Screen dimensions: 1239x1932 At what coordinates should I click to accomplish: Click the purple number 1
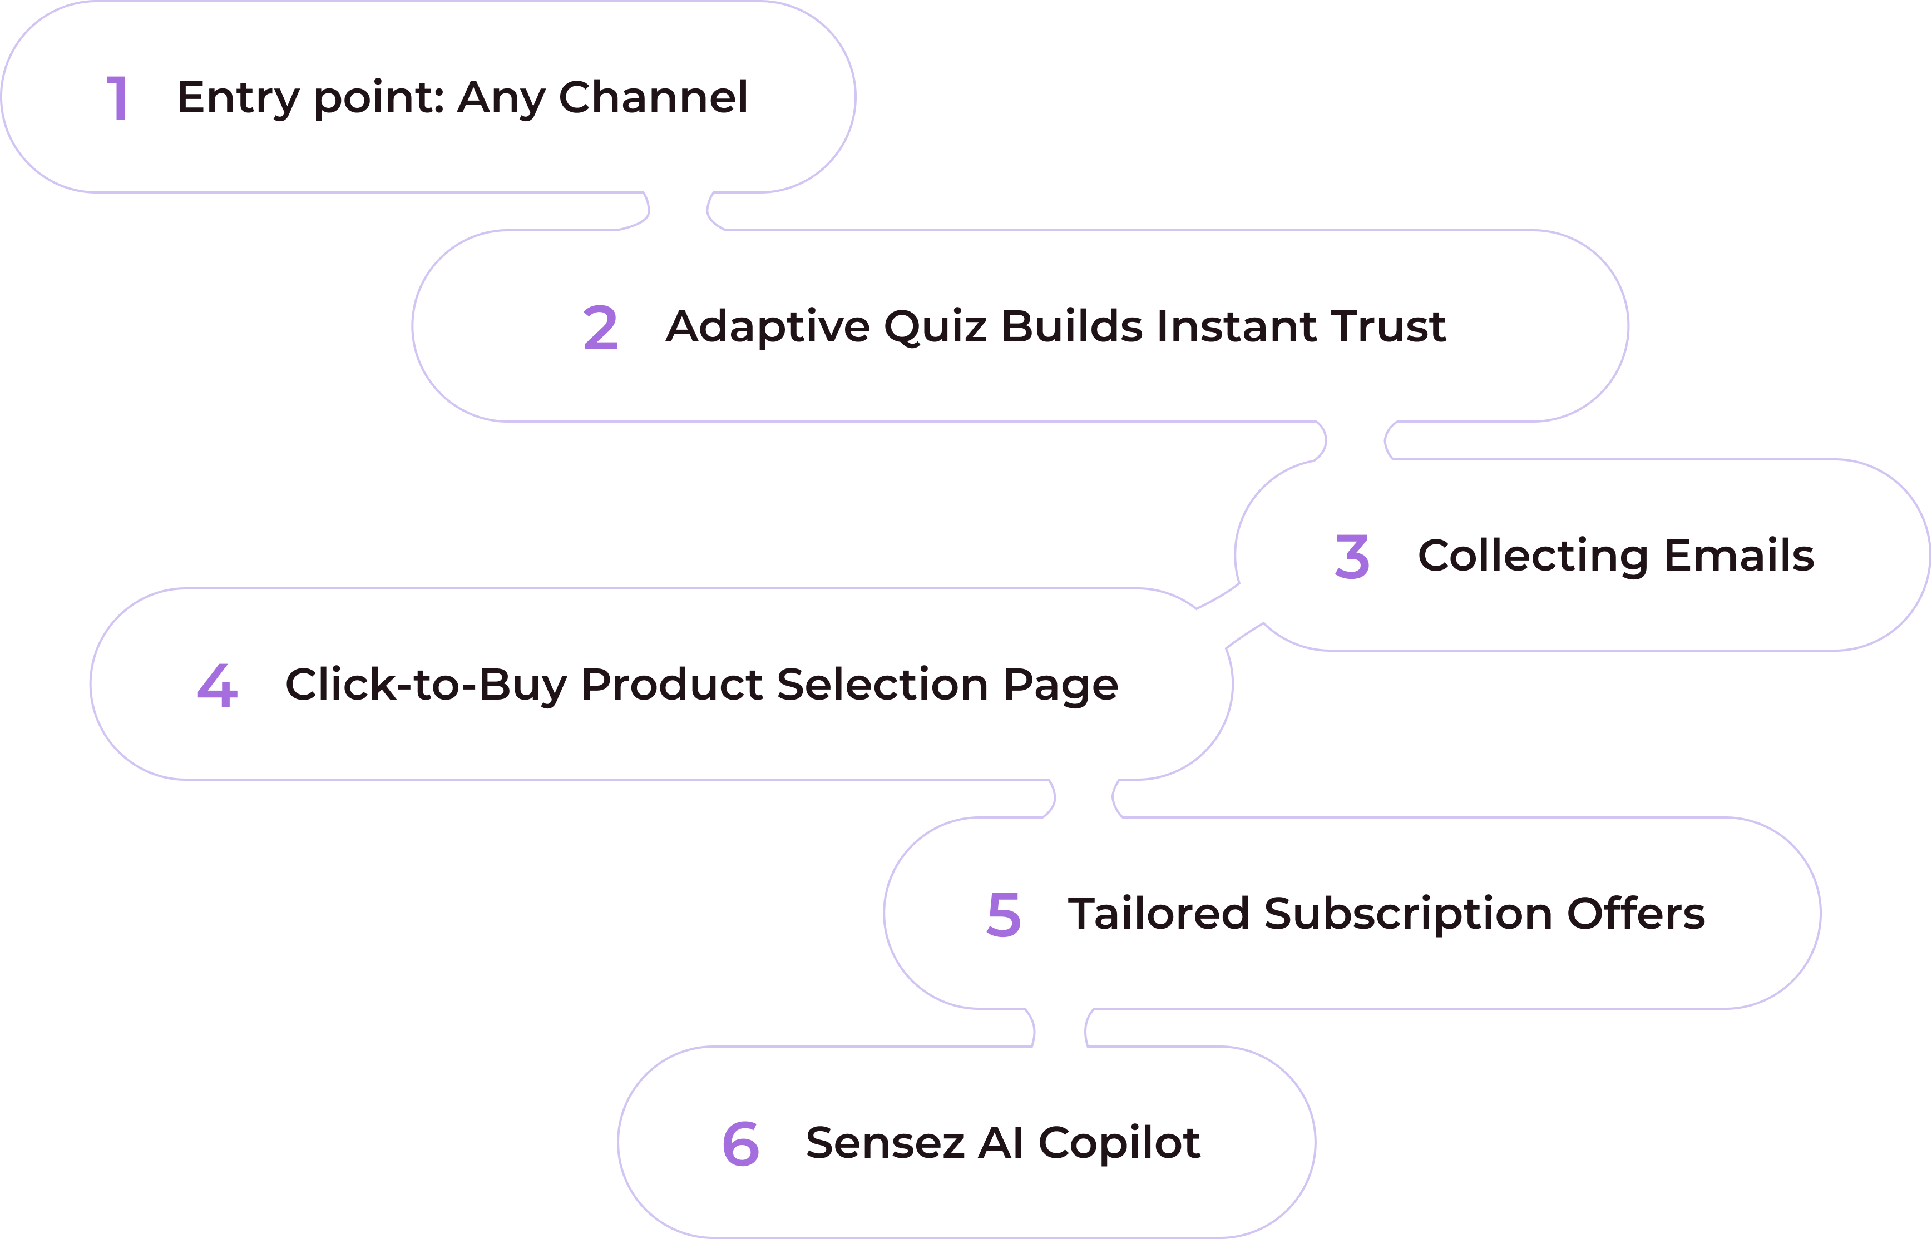click(117, 98)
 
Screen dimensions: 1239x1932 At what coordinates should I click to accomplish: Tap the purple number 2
click(600, 328)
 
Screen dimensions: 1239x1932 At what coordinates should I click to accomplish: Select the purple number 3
click(1352, 556)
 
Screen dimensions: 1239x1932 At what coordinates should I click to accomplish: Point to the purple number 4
click(218, 686)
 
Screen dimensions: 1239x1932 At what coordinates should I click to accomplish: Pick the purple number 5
click(1004, 915)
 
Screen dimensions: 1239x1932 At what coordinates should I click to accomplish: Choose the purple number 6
click(740, 1143)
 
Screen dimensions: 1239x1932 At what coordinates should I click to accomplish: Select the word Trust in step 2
click(1387, 326)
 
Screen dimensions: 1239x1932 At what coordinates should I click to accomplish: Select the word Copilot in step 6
click(1119, 1142)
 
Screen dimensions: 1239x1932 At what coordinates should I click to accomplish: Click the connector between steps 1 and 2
click(678, 211)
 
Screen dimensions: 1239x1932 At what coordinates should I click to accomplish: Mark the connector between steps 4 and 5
click(1083, 798)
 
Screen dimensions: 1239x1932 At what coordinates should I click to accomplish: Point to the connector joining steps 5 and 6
click(1060, 1028)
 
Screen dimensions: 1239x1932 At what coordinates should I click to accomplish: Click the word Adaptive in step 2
click(768, 326)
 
